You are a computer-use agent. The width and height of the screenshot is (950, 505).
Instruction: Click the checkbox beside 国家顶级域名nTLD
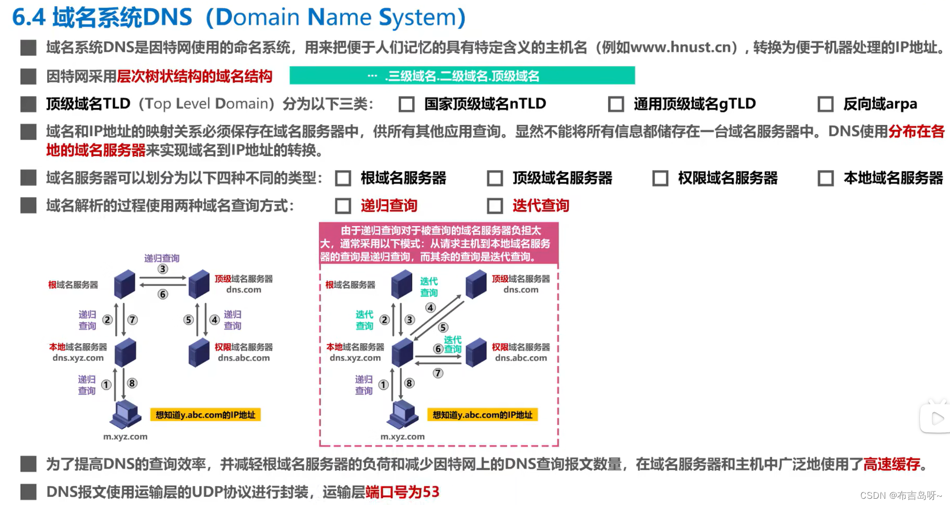point(407,104)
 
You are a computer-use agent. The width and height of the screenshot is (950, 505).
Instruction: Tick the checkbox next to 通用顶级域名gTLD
point(616,104)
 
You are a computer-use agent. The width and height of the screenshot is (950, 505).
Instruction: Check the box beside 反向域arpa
point(825,104)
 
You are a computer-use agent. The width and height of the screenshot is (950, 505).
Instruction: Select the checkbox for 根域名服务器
point(343,178)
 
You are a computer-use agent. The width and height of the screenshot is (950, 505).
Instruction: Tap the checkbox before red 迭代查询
point(495,206)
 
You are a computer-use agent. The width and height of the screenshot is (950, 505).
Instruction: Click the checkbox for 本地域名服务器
point(825,178)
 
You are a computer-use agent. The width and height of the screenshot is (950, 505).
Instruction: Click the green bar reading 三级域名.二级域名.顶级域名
point(462,76)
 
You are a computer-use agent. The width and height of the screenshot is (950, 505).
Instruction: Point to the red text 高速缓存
point(891,464)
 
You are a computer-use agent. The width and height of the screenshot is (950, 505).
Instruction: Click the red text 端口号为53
point(402,492)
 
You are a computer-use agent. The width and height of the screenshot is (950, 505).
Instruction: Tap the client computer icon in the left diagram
point(126,414)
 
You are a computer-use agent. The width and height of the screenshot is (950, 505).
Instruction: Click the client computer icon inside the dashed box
point(403,414)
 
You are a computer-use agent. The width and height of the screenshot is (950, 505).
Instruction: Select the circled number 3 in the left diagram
point(163,269)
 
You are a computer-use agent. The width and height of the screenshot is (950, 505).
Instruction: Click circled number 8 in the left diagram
point(132,383)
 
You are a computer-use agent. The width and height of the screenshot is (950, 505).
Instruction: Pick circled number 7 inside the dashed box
point(438,373)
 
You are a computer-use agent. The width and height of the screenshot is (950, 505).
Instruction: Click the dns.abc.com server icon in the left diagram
point(199,353)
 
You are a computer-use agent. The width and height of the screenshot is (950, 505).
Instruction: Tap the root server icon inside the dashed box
point(401,284)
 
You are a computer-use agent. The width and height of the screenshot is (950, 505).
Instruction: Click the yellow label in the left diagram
point(205,415)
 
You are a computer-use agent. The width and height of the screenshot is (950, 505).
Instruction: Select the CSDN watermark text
point(901,496)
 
